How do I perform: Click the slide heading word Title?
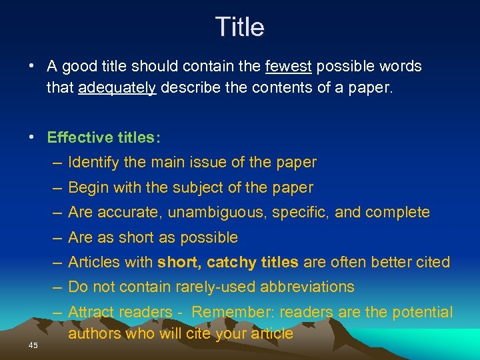click(x=240, y=27)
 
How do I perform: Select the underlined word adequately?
click(x=117, y=88)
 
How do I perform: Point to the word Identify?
click(x=94, y=162)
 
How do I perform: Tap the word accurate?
click(x=129, y=212)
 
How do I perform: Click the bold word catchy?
click(x=231, y=262)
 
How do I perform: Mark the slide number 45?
click(x=33, y=345)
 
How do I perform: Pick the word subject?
click(x=198, y=187)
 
